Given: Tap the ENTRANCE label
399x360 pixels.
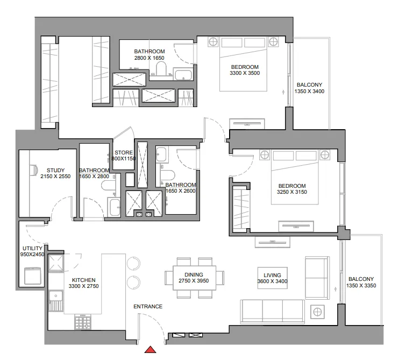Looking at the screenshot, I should (x=148, y=307).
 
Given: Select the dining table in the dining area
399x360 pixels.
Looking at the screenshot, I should (x=194, y=277).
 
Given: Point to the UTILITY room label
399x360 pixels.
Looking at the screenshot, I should (x=32, y=248).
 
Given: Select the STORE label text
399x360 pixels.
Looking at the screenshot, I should (x=123, y=152).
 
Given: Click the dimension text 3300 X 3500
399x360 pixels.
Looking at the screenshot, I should (x=245, y=73).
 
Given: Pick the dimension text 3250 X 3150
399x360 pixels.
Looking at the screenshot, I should (x=291, y=192).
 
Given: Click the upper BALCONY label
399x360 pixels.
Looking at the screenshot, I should (x=309, y=84).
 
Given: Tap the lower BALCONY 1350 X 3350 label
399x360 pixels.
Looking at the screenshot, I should (x=361, y=279).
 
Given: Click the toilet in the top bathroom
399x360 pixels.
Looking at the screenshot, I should (x=161, y=68).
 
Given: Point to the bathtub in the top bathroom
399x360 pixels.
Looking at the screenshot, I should (x=184, y=75).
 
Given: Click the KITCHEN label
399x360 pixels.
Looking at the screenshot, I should (x=83, y=280).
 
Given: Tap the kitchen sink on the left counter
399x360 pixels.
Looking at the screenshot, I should (x=55, y=296).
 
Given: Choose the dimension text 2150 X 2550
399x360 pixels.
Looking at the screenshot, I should (x=55, y=176).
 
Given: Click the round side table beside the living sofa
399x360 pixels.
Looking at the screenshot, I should (x=318, y=312).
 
